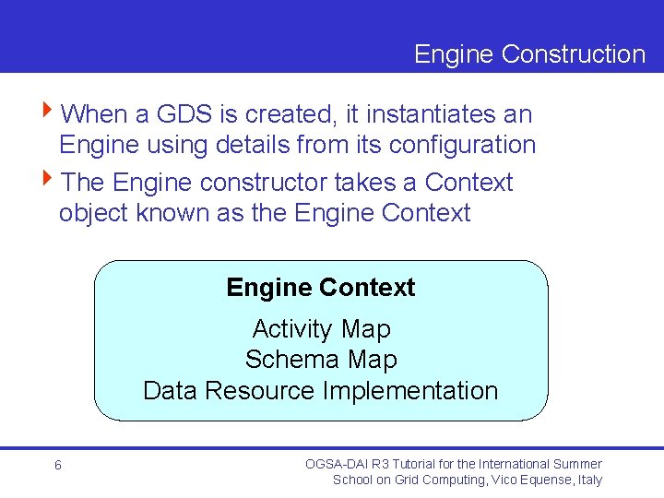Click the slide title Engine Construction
pyautogui.click(x=529, y=54)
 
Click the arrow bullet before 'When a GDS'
pyautogui.click(x=49, y=113)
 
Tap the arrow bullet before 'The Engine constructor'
pyautogui.click(x=49, y=182)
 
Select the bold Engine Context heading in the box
pyautogui.click(x=320, y=288)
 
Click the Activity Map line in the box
pyautogui.click(x=321, y=329)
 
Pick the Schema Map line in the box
pyautogui.click(x=321, y=360)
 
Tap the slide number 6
pyautogui.click(x=57, y=466)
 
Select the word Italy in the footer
pyautogui.click(x=587, y=480)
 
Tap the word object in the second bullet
pyautogui.click(x=93, y=213)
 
